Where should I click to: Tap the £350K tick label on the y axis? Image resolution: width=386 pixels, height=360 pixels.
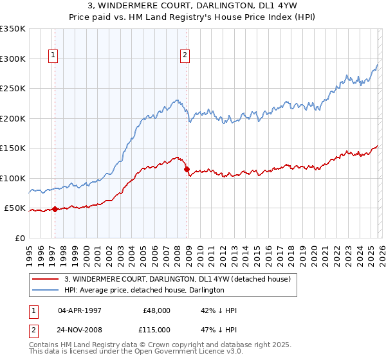(x=13, y=29)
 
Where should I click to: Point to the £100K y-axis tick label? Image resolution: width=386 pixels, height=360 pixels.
(x=13, y=178)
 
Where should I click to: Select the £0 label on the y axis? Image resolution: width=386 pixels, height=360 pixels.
(x=20, y=238)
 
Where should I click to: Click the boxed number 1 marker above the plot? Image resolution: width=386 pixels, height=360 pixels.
(x=53, y=56)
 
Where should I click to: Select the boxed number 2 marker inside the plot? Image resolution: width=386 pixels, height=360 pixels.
(x=185, y=56)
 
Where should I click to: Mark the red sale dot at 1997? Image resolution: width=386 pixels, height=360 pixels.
(x=55, y=209)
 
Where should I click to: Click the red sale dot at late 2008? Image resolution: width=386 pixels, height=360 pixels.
(x=187, y=170)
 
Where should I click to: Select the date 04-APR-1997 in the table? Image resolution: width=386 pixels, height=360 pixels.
(x=79, y=310)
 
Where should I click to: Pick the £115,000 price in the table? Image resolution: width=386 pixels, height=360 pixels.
(x=156, y=328)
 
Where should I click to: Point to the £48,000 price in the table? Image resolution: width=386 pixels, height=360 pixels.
(x=156, y=310)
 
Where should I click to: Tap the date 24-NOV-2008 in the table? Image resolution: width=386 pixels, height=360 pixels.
(x=79, y=328)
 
